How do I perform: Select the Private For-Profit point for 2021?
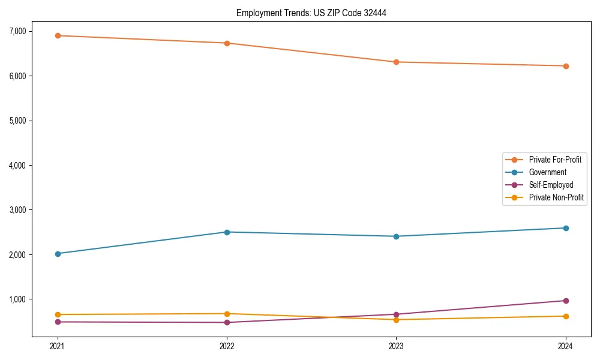(58, 35)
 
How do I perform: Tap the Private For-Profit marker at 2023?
(396, 62)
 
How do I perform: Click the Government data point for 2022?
(227, 232)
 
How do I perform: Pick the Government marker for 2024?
(566, 228)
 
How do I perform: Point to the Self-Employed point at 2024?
(566, 301)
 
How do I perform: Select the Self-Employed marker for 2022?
(227, 322)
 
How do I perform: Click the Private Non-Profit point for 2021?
(58, 314)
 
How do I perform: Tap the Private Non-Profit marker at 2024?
(566, 316)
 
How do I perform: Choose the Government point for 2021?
(58, 254)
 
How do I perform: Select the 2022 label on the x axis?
(227, 346)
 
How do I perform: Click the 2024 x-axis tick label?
(566, 346)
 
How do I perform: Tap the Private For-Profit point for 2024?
(566, 66)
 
